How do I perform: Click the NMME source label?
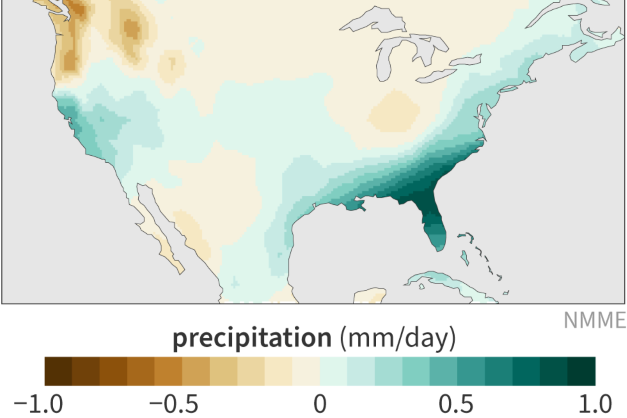tap(594, 320)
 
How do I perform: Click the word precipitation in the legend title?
tap(252, 337)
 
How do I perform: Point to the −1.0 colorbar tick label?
tap(38, 404)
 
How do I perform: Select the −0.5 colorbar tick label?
tap(174, 404)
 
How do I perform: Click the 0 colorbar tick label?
tap(320, 404)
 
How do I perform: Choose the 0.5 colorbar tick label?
tap(456, 404)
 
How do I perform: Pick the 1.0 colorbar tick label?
tap(595, 404)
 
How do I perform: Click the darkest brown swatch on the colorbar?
tap(58, 371)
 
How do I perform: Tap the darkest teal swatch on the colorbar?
tap(582, 371)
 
